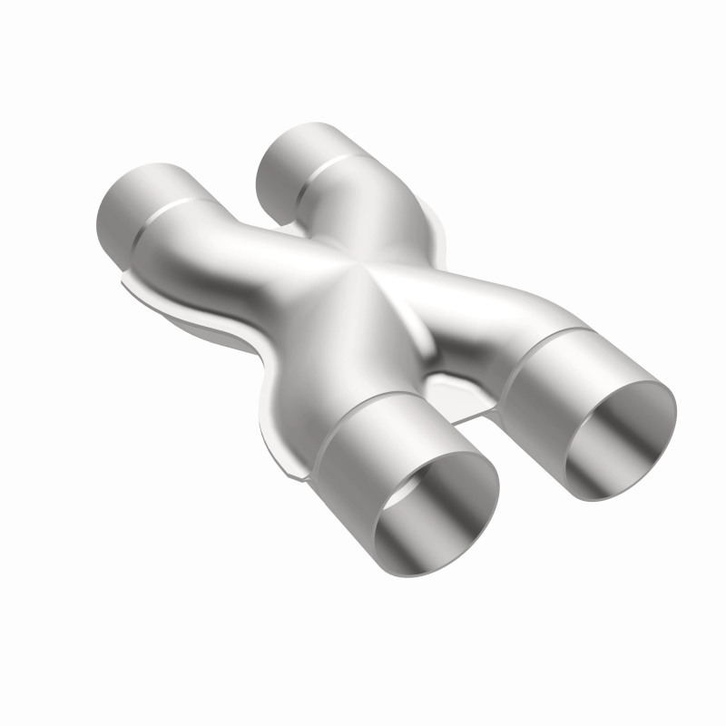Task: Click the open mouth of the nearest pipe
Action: click(436, 513)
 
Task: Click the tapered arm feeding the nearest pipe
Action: click(336, 363)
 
